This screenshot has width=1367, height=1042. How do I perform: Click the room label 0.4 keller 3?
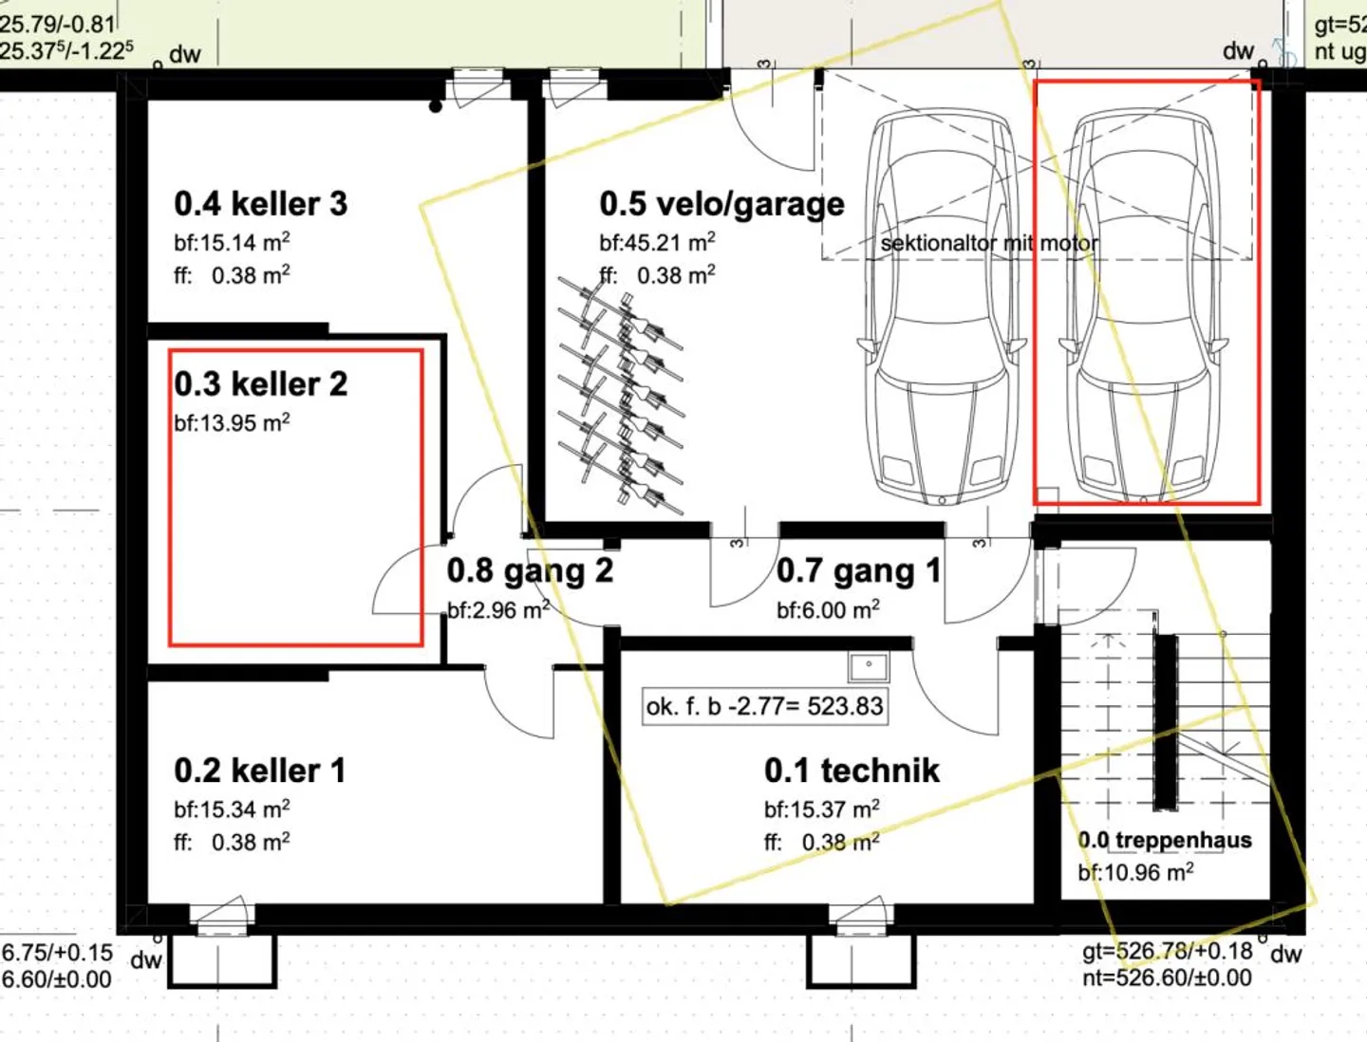(x=260, y=204)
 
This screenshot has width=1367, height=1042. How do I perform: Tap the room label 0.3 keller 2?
(x=260, y=384)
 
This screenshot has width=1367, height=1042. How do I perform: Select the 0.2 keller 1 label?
(x=259, y=771)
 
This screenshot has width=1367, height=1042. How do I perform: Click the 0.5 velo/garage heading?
(x=721, y=204)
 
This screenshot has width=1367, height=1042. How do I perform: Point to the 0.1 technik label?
(x=852, y=771)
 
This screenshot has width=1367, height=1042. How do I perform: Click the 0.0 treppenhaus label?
(x=1164, y=840)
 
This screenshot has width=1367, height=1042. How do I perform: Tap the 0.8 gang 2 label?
(x=530, y=570)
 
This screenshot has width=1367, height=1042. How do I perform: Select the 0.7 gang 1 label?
(x=858, y=570)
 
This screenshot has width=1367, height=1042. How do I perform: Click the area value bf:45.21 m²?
(x=657, y=242)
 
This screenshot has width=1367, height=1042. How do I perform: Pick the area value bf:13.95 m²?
(x=232, y=422)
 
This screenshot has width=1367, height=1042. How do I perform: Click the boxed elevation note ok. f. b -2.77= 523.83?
(x=764, y=706)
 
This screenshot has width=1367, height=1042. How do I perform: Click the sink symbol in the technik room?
(x=868, y=666)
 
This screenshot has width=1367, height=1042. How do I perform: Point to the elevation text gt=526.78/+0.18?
(x=1167, y=951)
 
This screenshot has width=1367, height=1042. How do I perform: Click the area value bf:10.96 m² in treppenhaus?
(x=1135, y=872)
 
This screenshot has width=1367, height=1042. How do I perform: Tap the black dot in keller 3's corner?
(x=436, y=106)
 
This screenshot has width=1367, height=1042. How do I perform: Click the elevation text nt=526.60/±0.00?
(x=1167, y=977)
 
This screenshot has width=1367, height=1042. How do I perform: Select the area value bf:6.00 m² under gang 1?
(x=827, y=609)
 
